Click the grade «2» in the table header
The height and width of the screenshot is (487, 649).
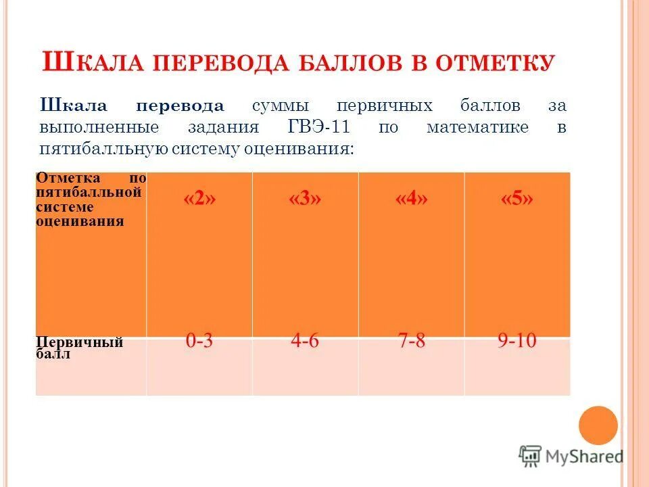[199, 200]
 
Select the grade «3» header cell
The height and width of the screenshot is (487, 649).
[305, 200]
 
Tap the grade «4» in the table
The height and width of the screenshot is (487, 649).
[411, 200]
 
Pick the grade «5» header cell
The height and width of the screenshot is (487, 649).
[517, 200]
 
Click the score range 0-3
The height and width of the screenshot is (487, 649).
[199, 341]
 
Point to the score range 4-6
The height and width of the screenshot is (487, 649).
[305, 341]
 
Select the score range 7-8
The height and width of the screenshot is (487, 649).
[411, 341]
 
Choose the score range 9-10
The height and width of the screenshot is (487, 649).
[517, 341]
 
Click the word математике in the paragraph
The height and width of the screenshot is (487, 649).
[478, 127]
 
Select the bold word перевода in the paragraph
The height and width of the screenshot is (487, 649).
[181, 106]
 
